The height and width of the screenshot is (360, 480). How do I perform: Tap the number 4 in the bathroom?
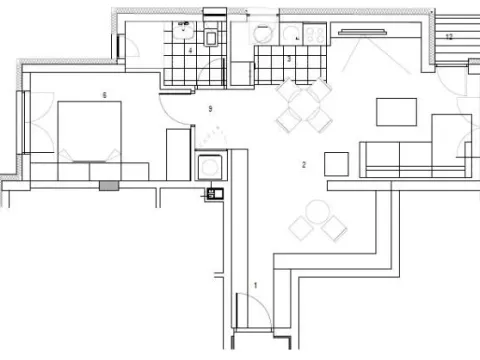tap(190, 50)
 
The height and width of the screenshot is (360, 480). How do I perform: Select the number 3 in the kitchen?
tap(289, 60)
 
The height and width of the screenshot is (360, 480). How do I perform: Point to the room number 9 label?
tap(210, 107)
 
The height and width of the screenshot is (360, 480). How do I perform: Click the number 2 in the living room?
tap(303, 163)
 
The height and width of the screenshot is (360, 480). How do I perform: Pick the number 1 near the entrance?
tap(255, 285)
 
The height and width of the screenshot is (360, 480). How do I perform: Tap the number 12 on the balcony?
tap(450, 36)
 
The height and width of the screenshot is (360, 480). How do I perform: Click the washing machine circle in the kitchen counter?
tap(261, 33)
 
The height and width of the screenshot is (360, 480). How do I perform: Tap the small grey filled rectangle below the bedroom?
tap(108, 184)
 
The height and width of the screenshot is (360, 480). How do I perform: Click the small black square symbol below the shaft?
tap(212, 193)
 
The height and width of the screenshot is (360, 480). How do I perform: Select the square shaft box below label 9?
tap(211, 165)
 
